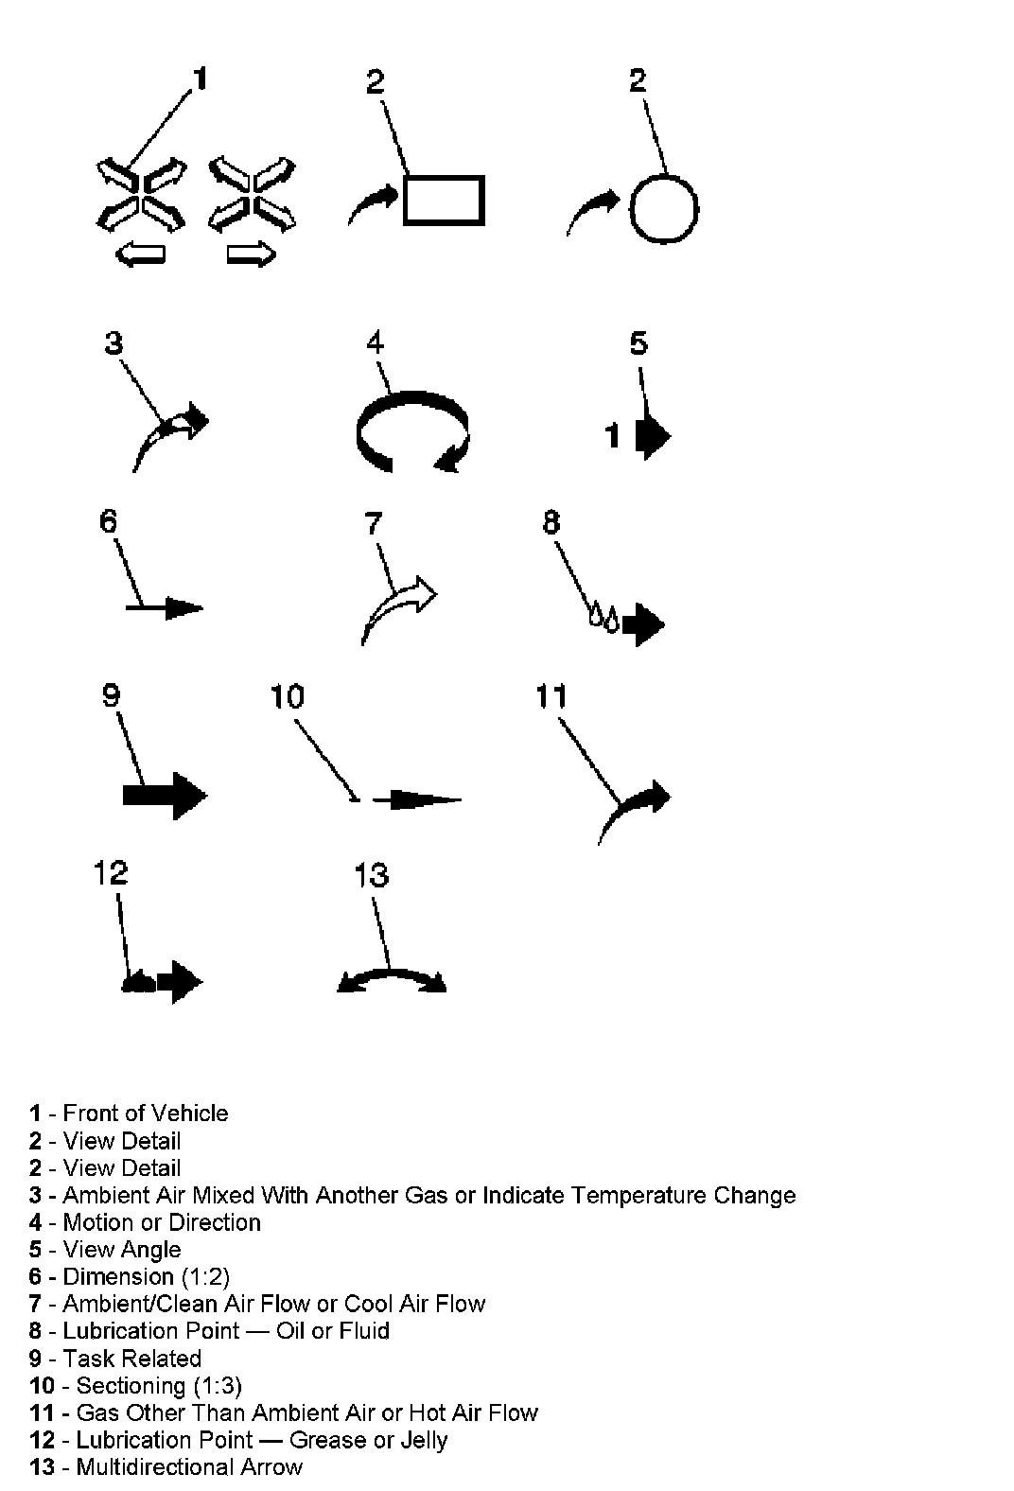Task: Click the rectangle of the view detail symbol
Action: [x=444, y=200]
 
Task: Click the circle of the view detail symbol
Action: [x=663, y=208]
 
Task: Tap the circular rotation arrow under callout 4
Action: [x=411, y=431]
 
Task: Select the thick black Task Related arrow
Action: [x=165, y=795]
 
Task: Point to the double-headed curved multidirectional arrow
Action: [x=392, y=978]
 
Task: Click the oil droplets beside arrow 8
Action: [x=603, y=618]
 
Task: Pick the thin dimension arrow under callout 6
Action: [x=165, y=607]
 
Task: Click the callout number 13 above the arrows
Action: [x=371, y=874]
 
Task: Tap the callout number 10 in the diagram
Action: [x=287, y=696]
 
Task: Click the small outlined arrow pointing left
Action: [x=139, y=254]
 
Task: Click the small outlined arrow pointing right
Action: [x=252, y=254]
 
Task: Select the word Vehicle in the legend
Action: [x=190, y=1113]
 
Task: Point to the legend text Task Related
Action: [x=131, y=1359]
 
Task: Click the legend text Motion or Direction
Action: [x=161, y=1222]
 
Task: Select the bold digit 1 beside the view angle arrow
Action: [x=613, y=436]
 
